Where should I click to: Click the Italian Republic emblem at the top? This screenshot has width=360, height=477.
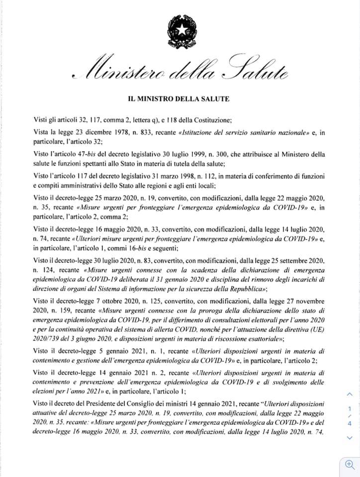180,29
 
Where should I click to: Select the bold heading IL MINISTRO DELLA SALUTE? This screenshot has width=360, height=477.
180,99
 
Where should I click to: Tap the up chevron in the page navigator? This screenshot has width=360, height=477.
349,394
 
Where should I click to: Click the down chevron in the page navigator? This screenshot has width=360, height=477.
349,438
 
